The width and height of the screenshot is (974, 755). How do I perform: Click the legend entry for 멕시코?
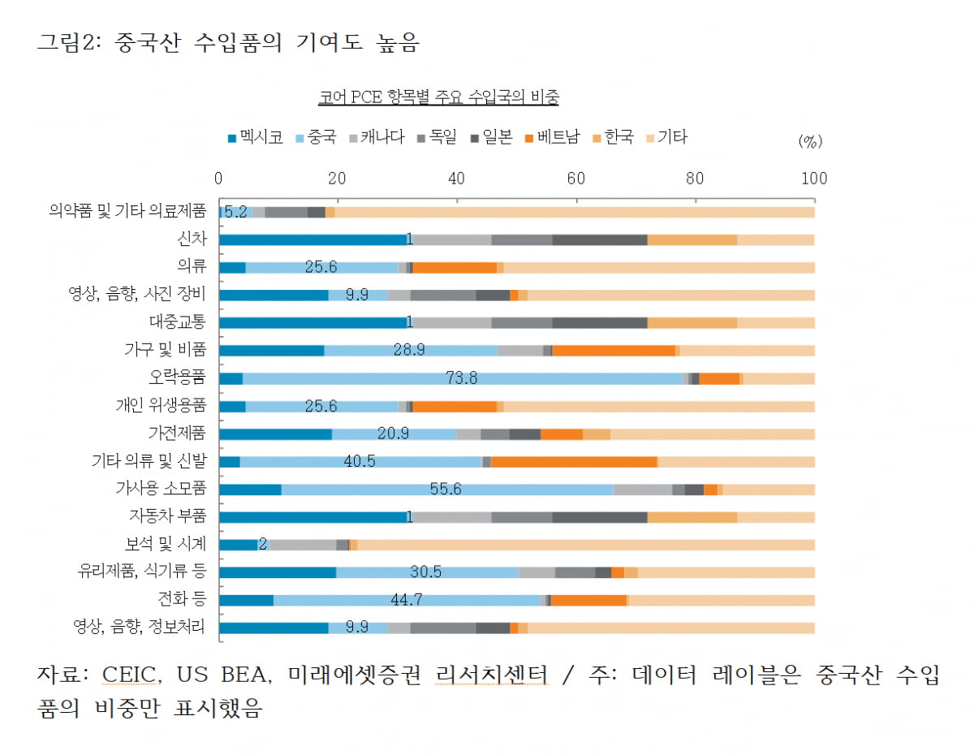coord(256,138)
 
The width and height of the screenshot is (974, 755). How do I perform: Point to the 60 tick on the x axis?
coord(576,179)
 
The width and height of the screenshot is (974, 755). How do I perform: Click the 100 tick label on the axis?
coord(813,179)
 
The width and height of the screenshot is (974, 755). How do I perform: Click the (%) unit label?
coord(810,141)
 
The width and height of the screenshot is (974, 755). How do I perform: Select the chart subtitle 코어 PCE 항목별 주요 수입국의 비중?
coord(438,98)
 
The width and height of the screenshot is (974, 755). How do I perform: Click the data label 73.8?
coord(462,377)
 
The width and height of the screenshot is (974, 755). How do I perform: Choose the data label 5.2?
coord(235,212)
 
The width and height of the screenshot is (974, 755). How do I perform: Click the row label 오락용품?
coord(178,377)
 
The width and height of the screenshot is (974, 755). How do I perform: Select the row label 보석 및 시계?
coord(168,543)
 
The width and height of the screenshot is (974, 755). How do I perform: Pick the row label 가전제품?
coord(178,434)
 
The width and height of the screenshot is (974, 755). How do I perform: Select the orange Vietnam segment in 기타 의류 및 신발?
coord(574,461)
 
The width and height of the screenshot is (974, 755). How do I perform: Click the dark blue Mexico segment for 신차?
coord(312,239)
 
